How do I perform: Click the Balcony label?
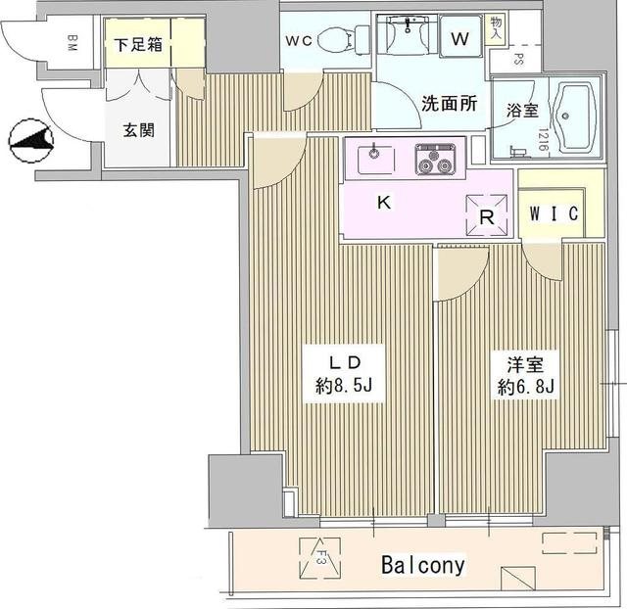(422, 566)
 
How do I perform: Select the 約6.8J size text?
(525, 387)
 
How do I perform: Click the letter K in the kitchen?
(385, 206)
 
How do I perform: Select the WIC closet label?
(554, 212)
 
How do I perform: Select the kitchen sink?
(376, 155)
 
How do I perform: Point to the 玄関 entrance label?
(137, 130)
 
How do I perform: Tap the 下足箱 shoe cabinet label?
(138, 44)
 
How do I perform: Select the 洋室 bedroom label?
(525, 363)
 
